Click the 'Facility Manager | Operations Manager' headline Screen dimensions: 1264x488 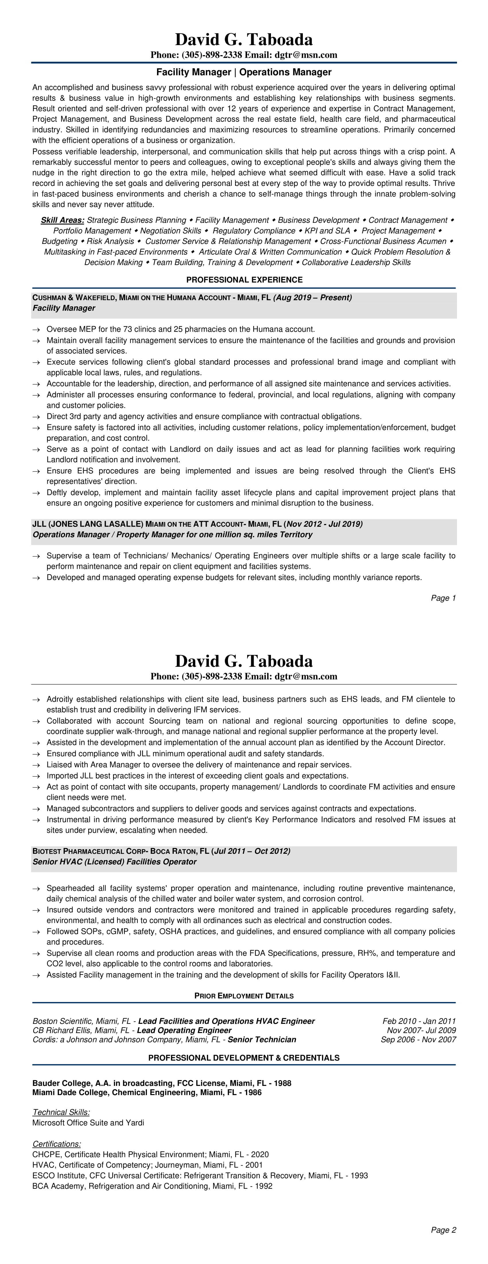(x=244, y=72)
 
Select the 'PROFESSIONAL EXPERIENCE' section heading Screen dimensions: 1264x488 (x=244, y=280)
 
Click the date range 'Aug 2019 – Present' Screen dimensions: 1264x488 (x=312, y=297)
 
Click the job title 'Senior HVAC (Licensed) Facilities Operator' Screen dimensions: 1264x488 (x=114, y=862)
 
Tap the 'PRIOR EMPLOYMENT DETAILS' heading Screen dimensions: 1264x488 (x=244, y=996)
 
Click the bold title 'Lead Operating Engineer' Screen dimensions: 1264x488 (x=184, y=1030)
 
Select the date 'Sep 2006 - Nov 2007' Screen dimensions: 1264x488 (x=418, y=1039)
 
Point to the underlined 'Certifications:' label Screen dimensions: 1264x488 (x=56, y=1144)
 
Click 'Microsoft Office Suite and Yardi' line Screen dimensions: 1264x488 (x=88, y=1123)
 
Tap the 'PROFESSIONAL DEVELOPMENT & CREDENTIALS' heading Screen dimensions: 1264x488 (x=244, y=1058)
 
